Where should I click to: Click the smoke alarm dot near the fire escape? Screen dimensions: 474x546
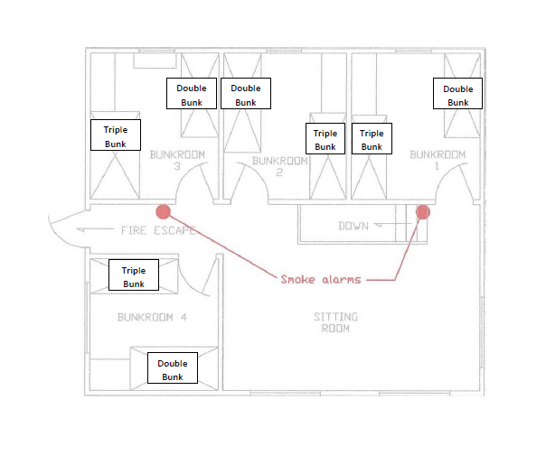tap(163, 212)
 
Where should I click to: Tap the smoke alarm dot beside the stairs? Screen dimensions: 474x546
tap(422, 212)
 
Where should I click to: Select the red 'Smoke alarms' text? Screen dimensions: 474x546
tap(320, 280)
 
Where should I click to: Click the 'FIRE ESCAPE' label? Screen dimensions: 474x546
tap(158, 230)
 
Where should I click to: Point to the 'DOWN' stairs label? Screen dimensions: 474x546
tap(353, 226)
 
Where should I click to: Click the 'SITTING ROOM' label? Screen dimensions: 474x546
tap(335, 322)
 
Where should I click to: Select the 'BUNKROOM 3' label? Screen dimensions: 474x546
tap(178, 160)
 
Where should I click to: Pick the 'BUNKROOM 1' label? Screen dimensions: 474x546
tap(438, 160)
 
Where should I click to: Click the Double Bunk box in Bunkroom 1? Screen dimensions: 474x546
tap(457, 95)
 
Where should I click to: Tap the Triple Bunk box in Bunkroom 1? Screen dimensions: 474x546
tap(372, 140)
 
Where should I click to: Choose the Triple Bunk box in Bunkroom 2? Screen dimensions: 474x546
tap(325, 140)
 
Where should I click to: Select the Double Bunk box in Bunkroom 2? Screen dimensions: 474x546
tap(246, 95)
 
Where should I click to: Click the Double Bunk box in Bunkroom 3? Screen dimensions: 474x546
tap(192, 94)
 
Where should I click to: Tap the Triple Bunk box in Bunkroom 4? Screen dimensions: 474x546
tap(133, 276)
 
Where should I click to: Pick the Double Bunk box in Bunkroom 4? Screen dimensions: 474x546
tap(172, 369)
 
